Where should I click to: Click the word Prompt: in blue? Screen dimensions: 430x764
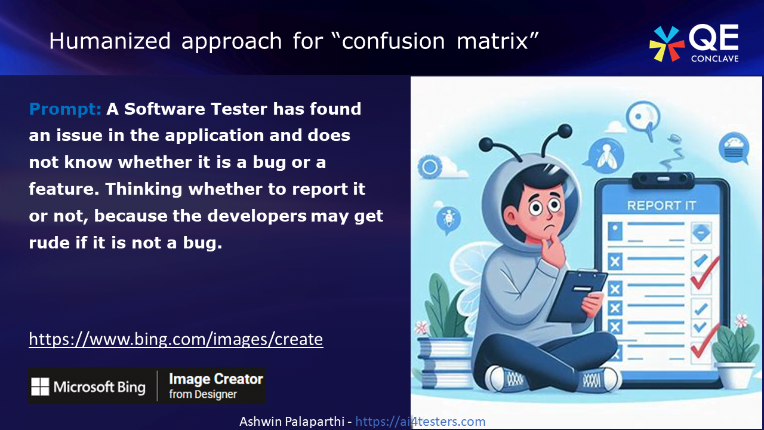[66, 109]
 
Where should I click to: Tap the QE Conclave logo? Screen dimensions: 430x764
[694, 44]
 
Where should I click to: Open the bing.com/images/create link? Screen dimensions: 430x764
[176, 339]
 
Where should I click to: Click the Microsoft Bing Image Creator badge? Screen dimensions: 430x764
[146, 386]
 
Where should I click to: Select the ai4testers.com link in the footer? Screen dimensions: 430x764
[420, 422]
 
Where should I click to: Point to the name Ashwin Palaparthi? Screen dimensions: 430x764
[292, 422]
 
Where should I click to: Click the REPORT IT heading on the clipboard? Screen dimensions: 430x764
[661, 205]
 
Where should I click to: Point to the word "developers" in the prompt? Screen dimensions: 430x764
[257, 216]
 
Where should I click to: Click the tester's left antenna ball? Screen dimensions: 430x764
[486, 143]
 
